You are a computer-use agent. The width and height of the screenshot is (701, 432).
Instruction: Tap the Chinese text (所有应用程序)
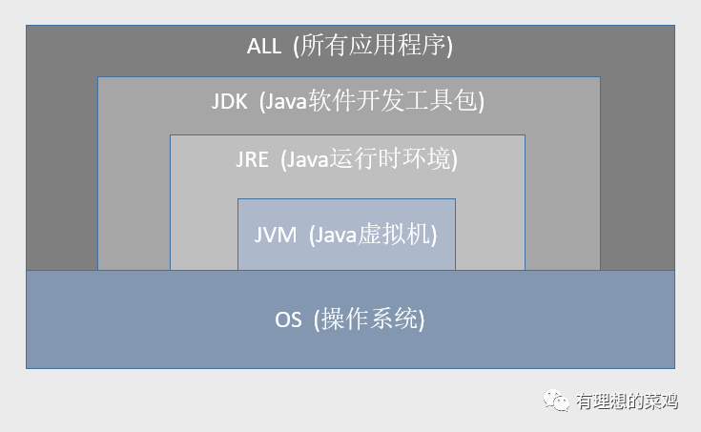371,45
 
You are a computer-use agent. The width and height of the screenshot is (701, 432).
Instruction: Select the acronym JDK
230,101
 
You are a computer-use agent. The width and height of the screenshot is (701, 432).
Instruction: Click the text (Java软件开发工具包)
373,101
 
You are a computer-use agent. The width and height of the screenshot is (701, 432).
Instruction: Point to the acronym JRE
252,159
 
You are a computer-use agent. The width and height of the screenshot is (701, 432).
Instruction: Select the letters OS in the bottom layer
288,319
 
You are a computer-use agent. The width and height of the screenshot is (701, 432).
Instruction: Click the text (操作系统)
368,319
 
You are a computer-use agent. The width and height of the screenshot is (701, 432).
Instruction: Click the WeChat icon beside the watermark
558,401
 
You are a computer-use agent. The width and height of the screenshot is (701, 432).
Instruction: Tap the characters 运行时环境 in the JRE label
390,159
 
